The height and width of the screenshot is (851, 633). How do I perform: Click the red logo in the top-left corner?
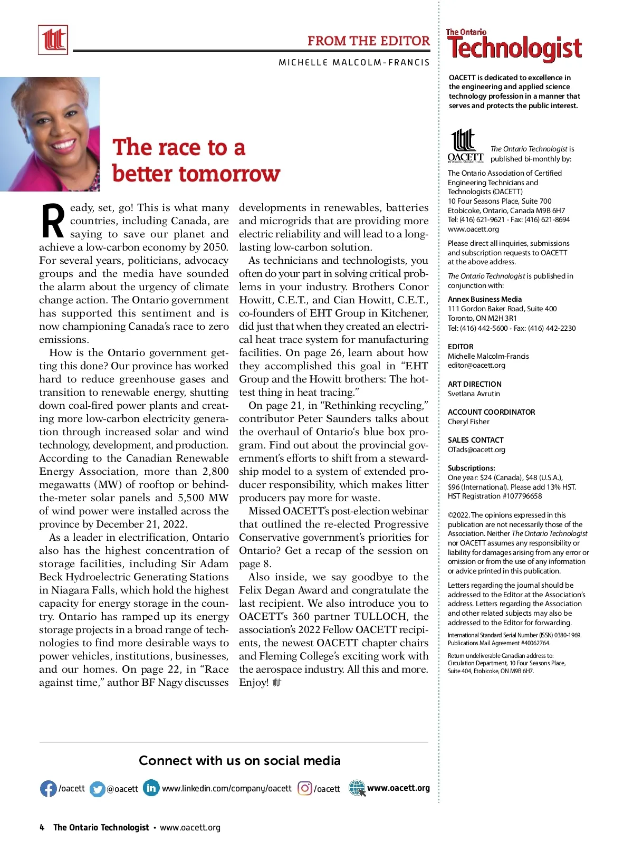[53, 40]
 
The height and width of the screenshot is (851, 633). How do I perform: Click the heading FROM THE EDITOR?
[368, 41]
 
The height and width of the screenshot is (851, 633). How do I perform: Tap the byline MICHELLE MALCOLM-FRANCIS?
[354, 62]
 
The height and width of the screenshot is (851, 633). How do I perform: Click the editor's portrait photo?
[50, 134]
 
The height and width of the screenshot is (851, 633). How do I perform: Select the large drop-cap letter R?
[53, 221]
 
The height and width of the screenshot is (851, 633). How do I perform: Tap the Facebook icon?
[48, 789]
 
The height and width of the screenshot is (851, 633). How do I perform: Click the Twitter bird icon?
[98, 789]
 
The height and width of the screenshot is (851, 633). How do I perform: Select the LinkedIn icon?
[151, 788]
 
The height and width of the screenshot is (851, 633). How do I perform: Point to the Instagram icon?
[305, 789]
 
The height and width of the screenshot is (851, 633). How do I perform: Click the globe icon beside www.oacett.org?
[357, 788]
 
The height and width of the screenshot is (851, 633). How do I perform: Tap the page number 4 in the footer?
[42, 827]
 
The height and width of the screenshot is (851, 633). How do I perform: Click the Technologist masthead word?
[514, 49]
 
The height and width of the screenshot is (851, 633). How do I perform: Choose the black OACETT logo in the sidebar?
[465, 146]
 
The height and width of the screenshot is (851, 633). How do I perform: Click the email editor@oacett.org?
[476, 365]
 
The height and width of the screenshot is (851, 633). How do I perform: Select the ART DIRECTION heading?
[474, 384]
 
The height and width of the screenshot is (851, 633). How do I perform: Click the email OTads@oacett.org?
[476, 450]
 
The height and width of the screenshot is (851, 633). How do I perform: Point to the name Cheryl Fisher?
[468, 422]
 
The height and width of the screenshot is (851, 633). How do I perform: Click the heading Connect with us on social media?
[239, 760]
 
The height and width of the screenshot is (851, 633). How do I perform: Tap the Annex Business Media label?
[484, 299]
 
